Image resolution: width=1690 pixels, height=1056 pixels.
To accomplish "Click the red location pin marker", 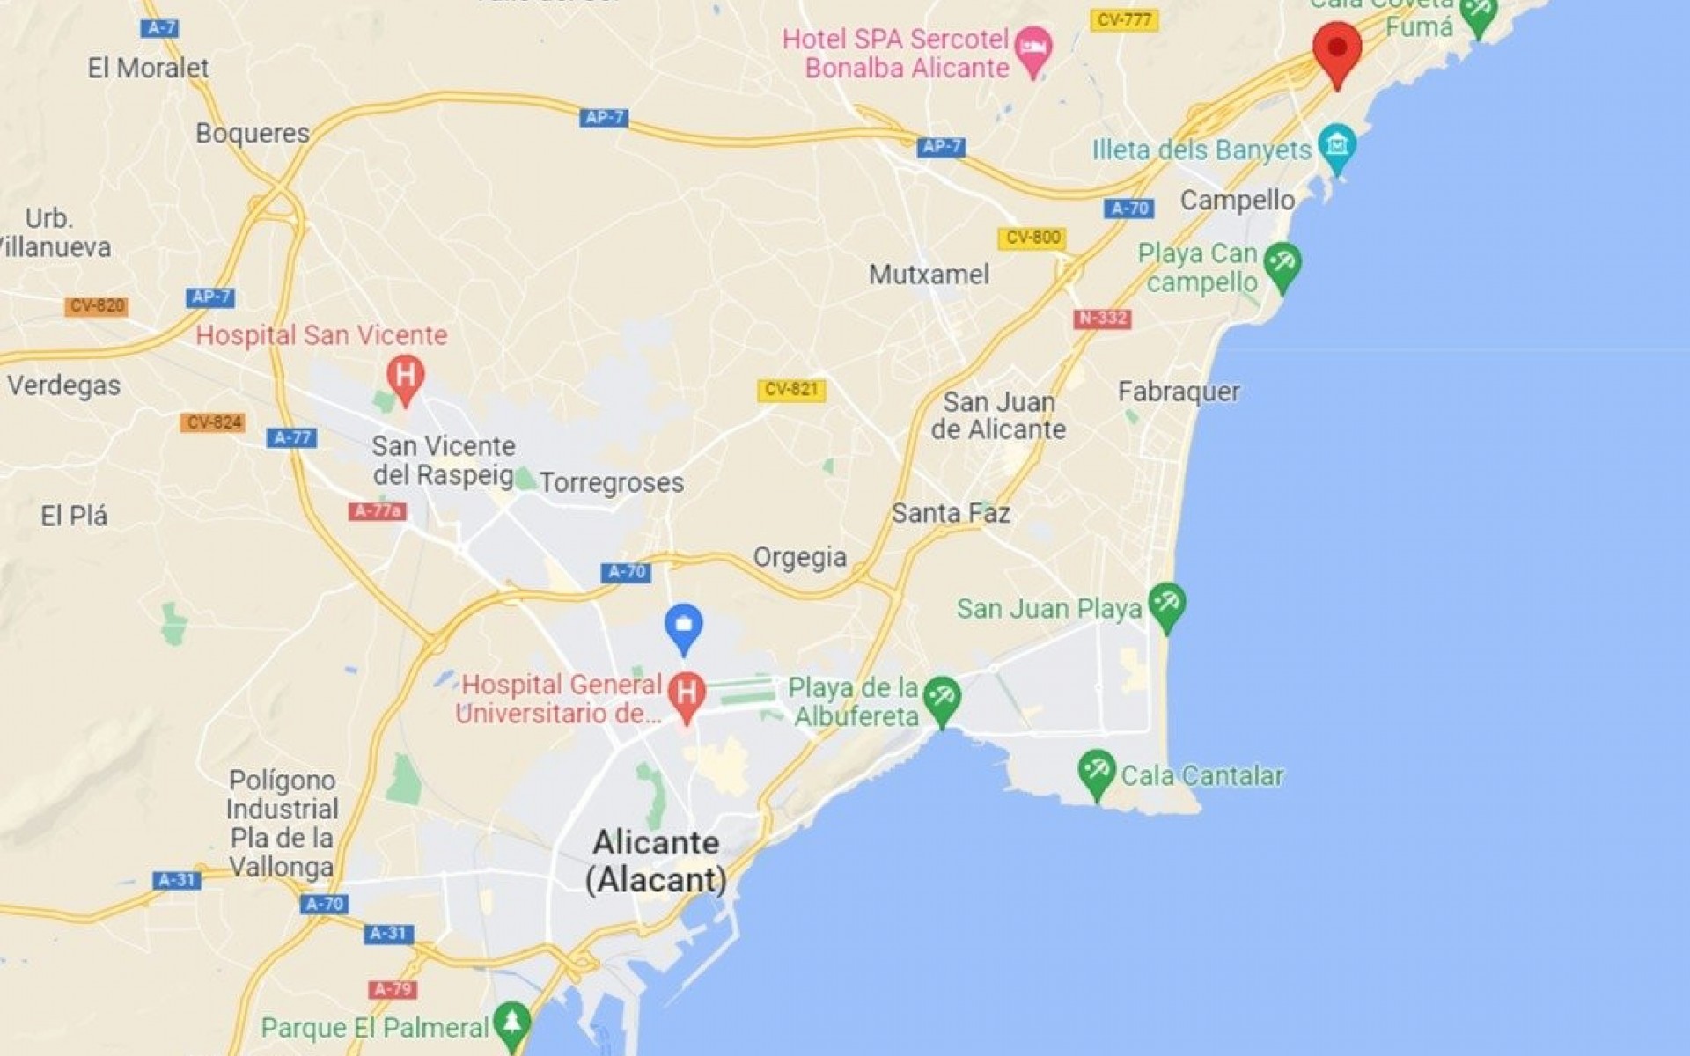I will click(1337, 49).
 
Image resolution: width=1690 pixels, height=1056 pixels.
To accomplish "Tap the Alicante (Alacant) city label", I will click(657, 861).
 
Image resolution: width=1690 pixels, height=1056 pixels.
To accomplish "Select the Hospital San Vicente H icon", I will click(405, 377).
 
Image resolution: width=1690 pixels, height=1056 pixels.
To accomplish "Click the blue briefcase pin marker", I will click(683, 627).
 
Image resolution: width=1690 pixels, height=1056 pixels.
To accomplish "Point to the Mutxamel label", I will click(929, 275).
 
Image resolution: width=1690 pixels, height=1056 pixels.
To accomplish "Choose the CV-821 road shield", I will click(791, 389).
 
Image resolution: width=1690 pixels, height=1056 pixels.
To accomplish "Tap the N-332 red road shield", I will click(1102, 319).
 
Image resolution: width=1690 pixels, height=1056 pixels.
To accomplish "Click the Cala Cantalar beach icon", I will click(1096, 772).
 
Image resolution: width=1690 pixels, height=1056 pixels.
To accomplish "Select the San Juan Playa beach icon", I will click(1167, 605).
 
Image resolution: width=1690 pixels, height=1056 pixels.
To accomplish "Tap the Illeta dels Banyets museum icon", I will click(1337, 145).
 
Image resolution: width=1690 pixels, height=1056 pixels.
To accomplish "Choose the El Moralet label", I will click(148, 68).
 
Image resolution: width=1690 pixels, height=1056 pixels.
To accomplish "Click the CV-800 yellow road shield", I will click(1032, 238).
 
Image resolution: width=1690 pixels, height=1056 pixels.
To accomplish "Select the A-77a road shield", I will click(378, 511).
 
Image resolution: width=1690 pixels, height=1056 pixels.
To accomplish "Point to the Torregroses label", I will click(612, 482).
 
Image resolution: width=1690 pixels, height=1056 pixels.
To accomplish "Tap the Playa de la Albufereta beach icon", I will click(942, 699).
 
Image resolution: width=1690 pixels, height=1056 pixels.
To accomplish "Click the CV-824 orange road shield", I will click(214, 422).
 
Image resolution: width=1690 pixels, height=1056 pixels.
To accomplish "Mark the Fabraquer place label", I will click(1179, 392).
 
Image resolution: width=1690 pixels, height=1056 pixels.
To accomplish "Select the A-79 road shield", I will click(393, 989).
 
